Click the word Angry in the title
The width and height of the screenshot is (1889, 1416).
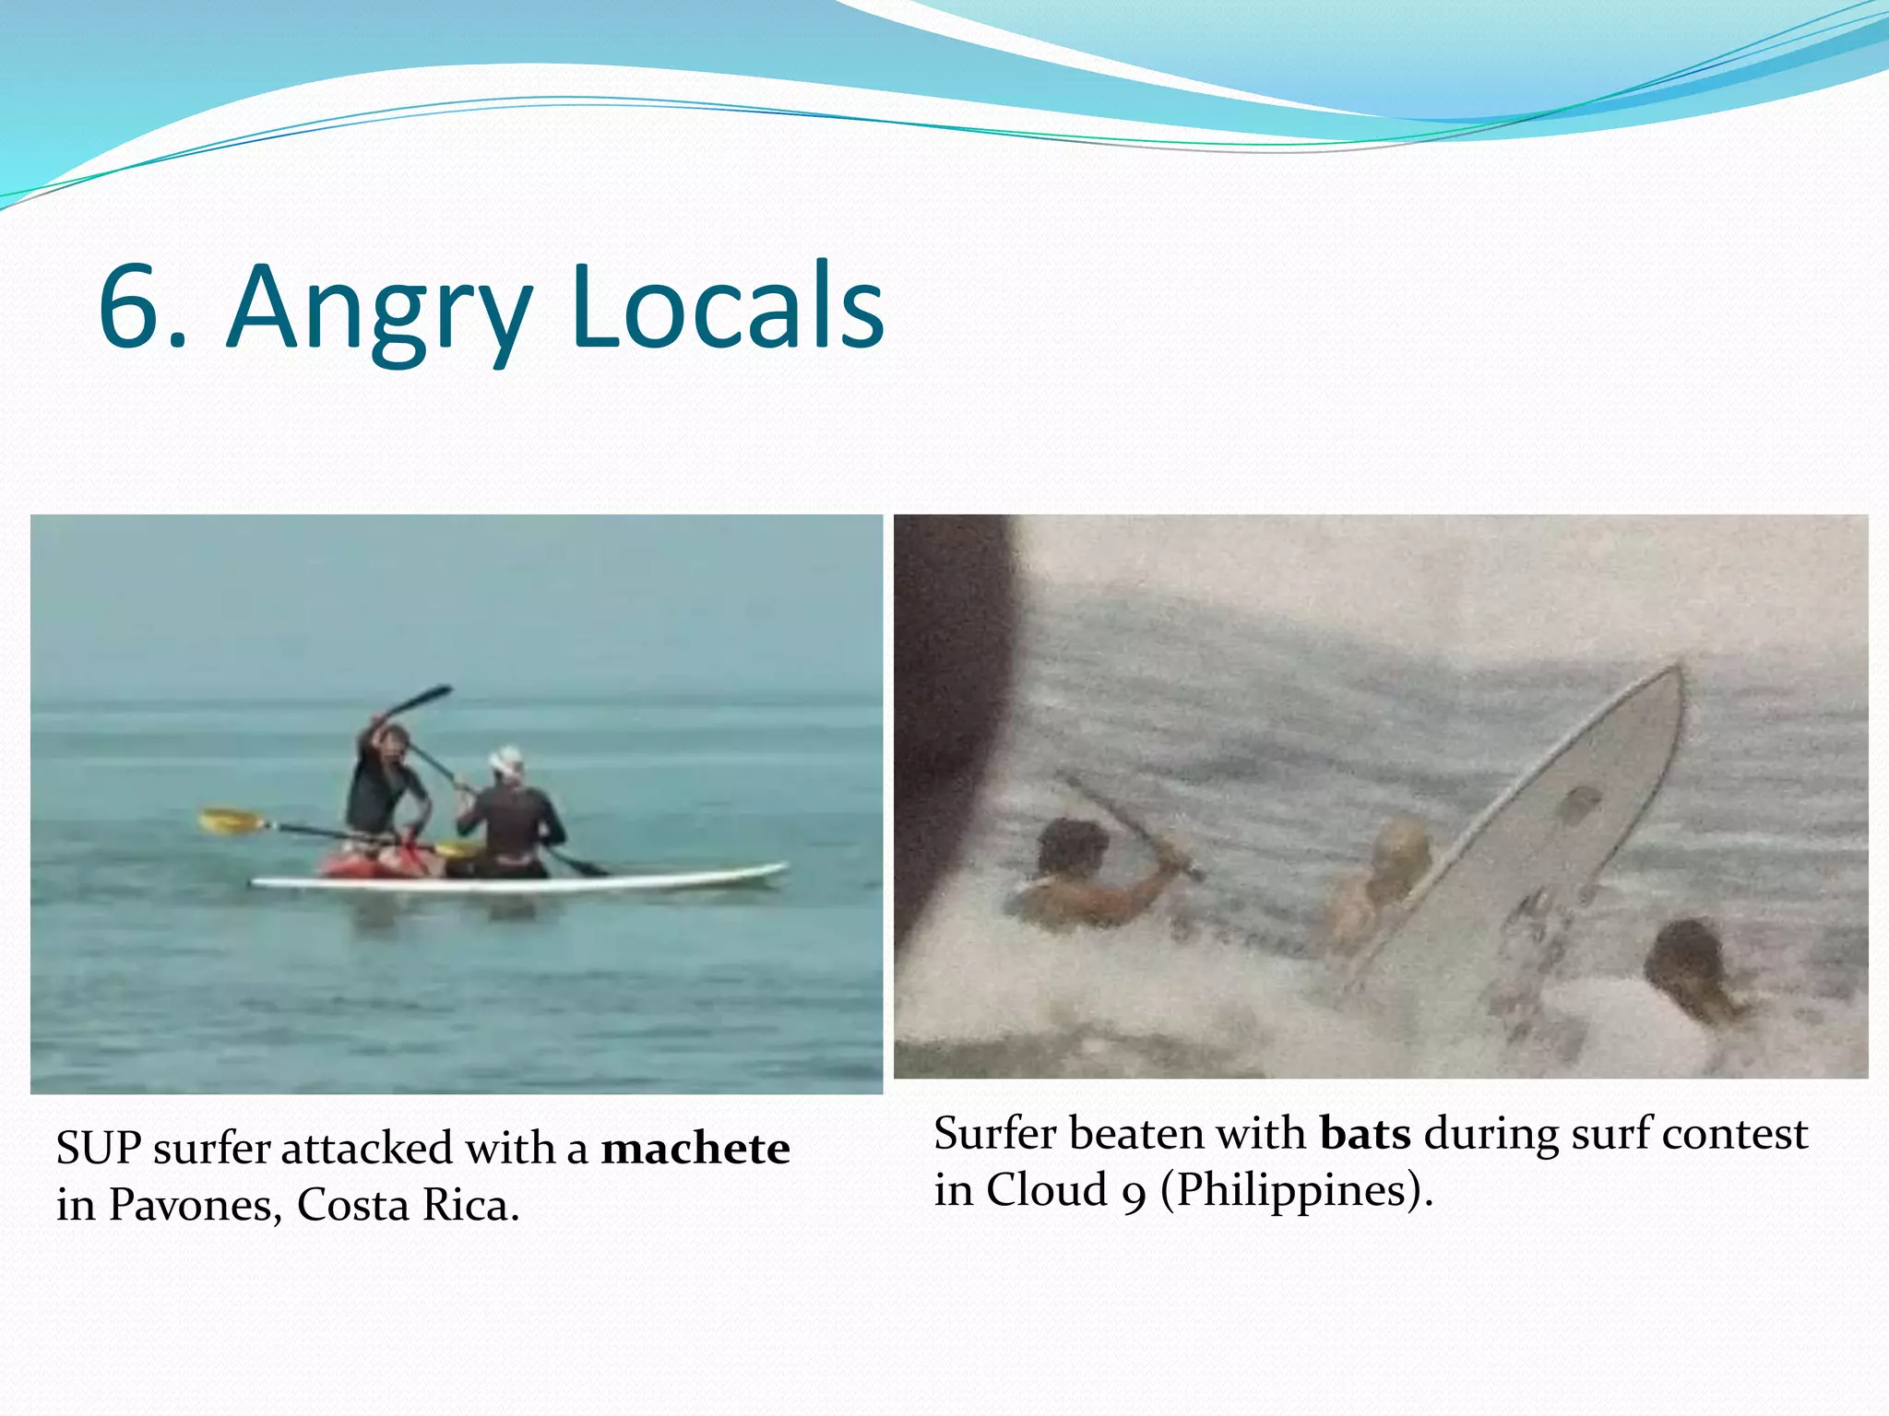point(378,309)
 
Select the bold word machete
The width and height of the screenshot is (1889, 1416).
point(695,1149)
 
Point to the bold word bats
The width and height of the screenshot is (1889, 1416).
point(1365,1134)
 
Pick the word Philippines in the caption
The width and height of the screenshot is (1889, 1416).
point(1291,1190)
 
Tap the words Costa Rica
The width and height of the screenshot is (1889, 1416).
point(408,1205)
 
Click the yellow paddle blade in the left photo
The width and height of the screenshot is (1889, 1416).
point(227,820)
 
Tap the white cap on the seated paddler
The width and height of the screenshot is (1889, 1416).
point(505,760)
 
